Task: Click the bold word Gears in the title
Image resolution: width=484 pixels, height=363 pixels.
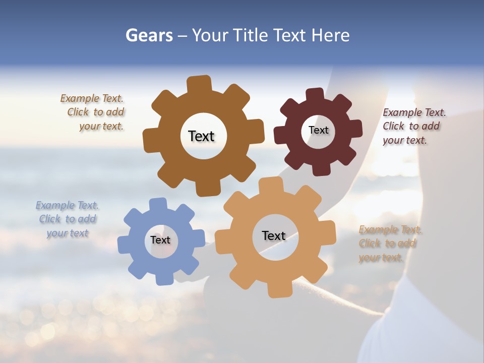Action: [149, 35]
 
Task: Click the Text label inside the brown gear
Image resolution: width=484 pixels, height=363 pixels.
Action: [201, 136]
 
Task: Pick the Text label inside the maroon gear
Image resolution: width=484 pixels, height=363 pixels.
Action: [318, 130]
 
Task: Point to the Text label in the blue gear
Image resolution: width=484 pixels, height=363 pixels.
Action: [160, 240]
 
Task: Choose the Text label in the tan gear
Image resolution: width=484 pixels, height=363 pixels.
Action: [274, 235]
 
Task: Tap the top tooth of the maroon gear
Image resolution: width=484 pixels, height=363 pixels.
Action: [315, 95]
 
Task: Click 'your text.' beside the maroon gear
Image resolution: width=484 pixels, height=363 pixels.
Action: [405, 141]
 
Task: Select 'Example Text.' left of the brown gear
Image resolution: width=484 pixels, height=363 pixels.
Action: [92, 98]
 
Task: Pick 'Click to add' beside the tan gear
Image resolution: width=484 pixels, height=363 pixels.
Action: [387, 244]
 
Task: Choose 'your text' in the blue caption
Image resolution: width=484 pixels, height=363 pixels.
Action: [68, 233]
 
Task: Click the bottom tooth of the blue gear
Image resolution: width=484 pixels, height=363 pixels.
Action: [164, 278]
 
